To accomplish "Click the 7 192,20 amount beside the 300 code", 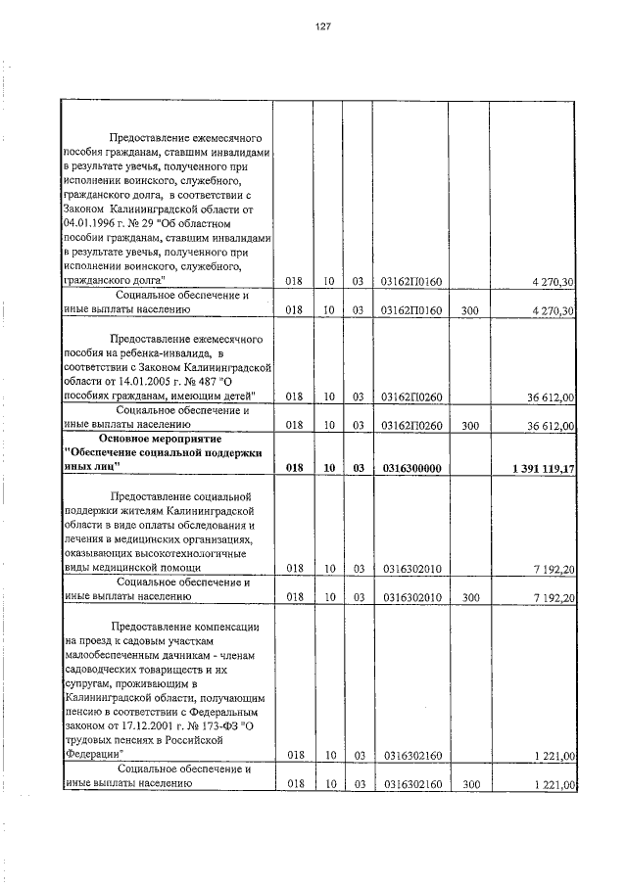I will pyautogui.click(x=554, y=595).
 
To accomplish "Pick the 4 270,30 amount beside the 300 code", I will pyautogui.click(x=554, y=310).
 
